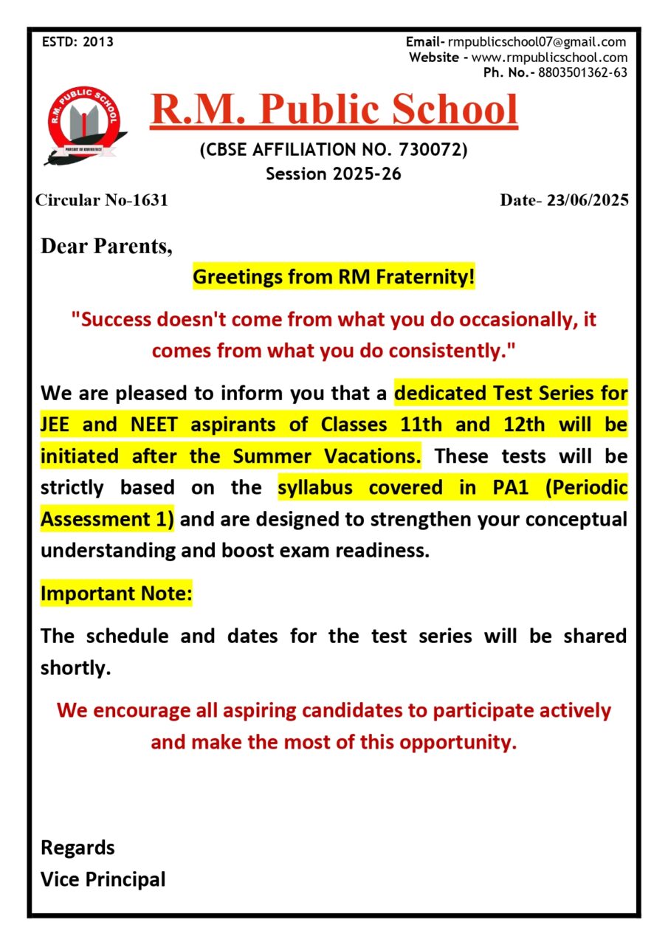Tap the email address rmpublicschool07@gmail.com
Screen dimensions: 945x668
point(537,42)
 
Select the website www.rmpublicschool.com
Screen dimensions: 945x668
point(549,57)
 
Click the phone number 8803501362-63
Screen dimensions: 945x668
point(582,72)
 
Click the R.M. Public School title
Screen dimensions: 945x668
point(334,109)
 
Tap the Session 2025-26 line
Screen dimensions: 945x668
point(334,174)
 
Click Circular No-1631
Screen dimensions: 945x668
point(102,200)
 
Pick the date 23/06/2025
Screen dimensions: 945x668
point(588,200)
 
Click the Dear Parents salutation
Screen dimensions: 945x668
point(106,246)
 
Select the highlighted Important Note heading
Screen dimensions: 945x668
point(116,594)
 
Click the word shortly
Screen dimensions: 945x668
point(75,667)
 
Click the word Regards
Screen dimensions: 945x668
point(78,848)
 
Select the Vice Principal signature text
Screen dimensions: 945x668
point(103,879)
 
